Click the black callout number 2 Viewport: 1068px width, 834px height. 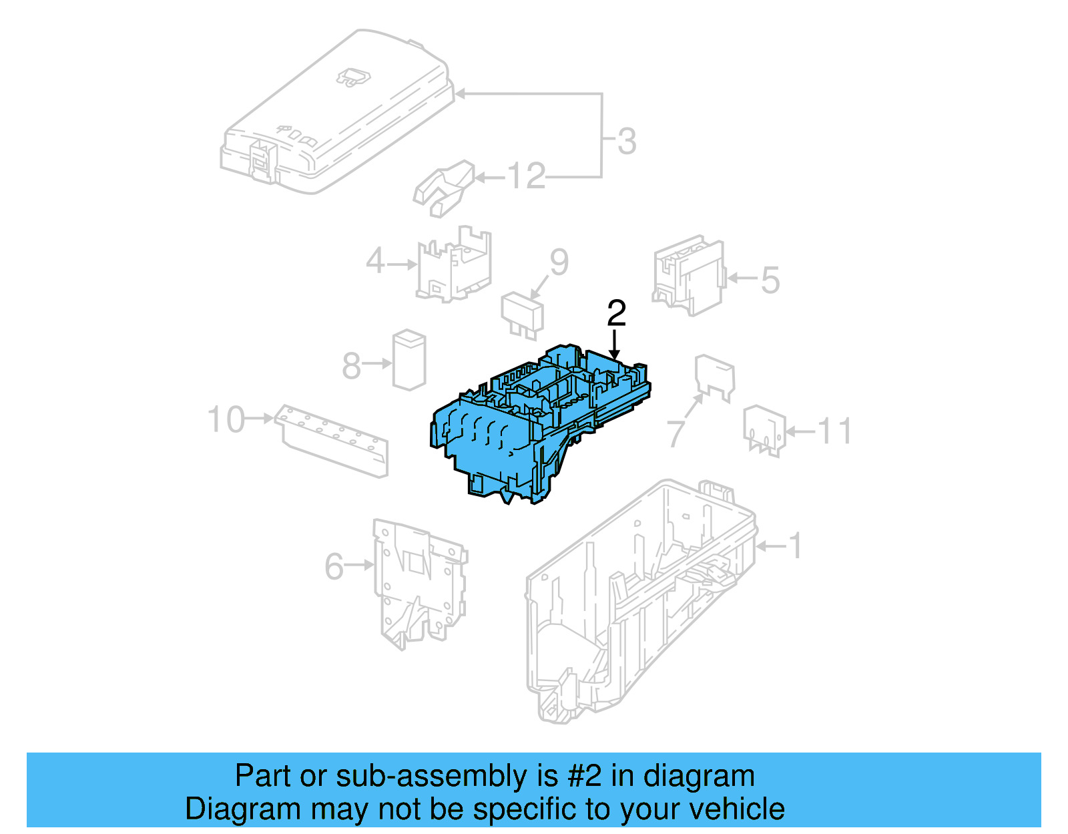point(616,313)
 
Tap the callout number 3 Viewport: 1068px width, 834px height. point(626,142)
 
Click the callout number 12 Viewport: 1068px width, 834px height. point(526,176)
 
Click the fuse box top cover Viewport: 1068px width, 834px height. point(334,114)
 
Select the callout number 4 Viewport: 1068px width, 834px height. point(375,261)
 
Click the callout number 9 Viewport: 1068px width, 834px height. point(559,262)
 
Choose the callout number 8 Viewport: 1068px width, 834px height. point(351,366)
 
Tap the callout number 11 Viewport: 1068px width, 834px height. point(834,431)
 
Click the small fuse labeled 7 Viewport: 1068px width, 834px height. point(714,378)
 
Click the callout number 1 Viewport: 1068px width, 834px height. point(795,546)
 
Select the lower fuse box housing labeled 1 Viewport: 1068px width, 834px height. point(641,601)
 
